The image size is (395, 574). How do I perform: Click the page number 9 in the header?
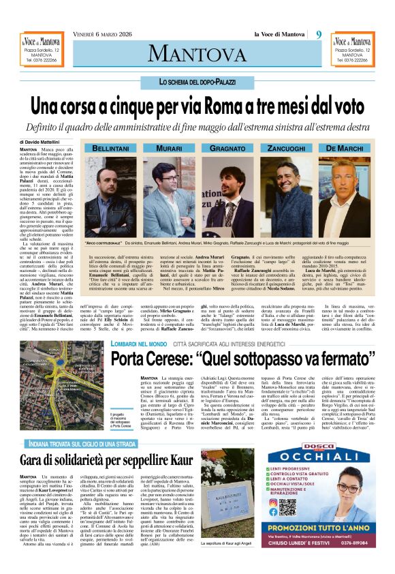pyautogui.click(x=318, y=35)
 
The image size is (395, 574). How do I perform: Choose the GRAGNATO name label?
pyautogui.click(x=227, y=147)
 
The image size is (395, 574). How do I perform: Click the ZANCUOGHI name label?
pyautogui.click(x=285, y=147)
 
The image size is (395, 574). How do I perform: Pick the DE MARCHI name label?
pyautogui.click(x=345, y=147)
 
